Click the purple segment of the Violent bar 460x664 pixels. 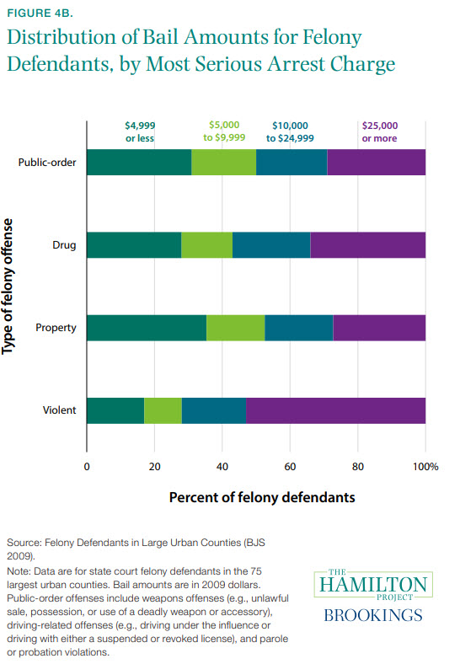click(335, 410)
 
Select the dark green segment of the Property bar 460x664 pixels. click(146, 328)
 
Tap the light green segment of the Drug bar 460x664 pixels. click(206, 245)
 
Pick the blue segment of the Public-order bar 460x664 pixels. click(292, 163)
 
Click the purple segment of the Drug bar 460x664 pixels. click(367, 245)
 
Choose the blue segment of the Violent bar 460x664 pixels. click(213, 410)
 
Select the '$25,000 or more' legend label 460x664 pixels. click(379, 131)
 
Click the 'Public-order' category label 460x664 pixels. click(48, 163)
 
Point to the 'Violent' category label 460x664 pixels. click(60, 410)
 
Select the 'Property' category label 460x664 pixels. click(56, 328)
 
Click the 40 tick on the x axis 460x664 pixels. click(222, 465)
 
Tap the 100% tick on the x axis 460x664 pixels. click(425, 465)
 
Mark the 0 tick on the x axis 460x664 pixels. click(87, 465)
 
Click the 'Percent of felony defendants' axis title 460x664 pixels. click(262, 497)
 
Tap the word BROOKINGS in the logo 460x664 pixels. click(372, 615)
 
